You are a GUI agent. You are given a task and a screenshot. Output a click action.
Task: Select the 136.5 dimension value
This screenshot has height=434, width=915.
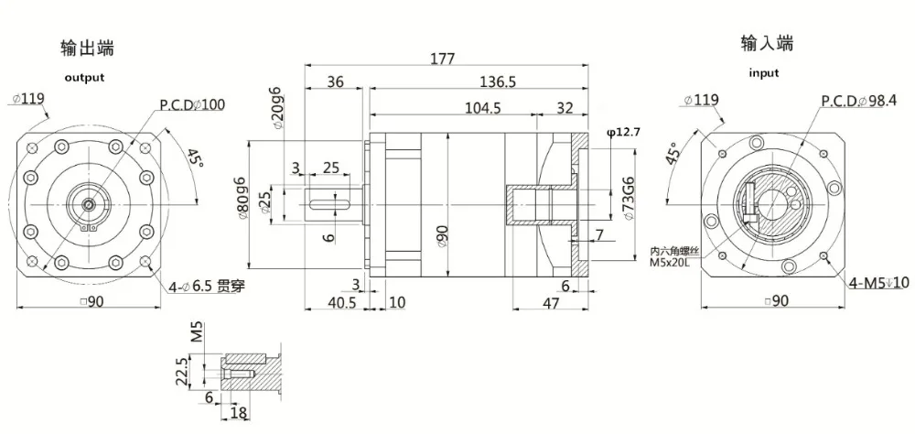(498, 82)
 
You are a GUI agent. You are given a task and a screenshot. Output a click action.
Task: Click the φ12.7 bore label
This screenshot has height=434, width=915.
(622, 133)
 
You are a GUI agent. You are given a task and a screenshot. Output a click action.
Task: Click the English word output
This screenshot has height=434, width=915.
(84, 78)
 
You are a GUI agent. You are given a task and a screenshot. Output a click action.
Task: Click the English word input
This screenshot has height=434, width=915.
(764, 73)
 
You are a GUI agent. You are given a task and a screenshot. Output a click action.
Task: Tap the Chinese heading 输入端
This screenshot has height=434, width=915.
(767, 43)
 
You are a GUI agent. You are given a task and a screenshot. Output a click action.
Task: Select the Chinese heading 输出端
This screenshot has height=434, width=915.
(87, 48)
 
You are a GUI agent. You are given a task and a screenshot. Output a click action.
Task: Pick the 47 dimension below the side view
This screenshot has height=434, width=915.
(550, 302)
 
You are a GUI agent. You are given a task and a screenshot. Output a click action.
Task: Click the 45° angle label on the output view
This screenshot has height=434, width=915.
(193, 161)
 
